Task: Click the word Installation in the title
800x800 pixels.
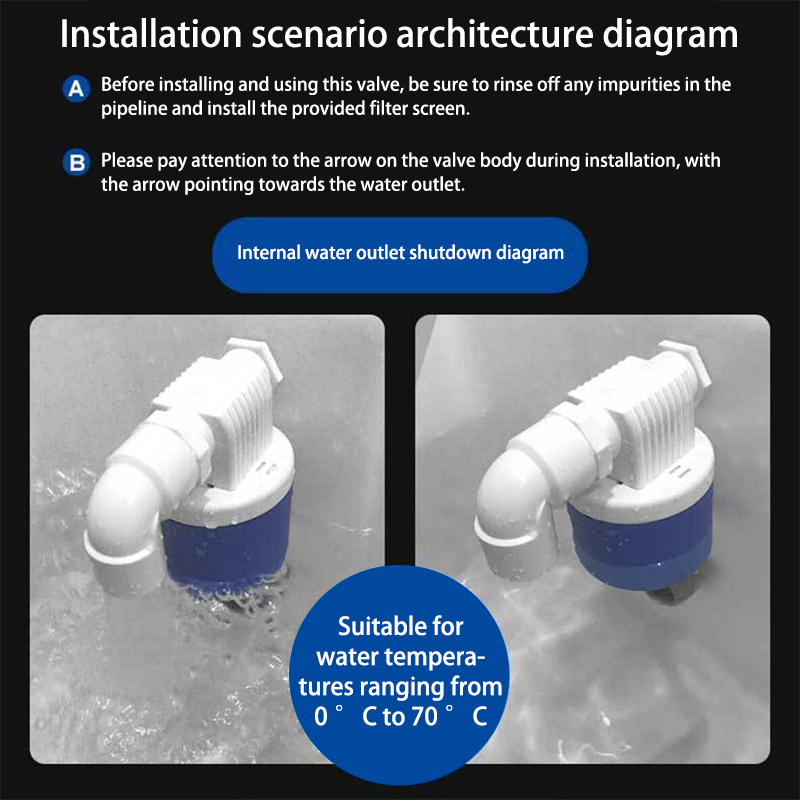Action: (x=151, y=34)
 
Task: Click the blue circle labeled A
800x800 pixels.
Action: (x=77, y=89)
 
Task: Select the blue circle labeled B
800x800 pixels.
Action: (x=77, y=163)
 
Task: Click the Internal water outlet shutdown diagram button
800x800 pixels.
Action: (x=400, y=255)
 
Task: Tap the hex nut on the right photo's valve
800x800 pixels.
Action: (x=684, y=360)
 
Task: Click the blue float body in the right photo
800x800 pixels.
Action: (x=640, y=541)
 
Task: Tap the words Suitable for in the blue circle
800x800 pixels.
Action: (x=401, y=627)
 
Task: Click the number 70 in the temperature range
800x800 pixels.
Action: (x=424, y=716)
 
